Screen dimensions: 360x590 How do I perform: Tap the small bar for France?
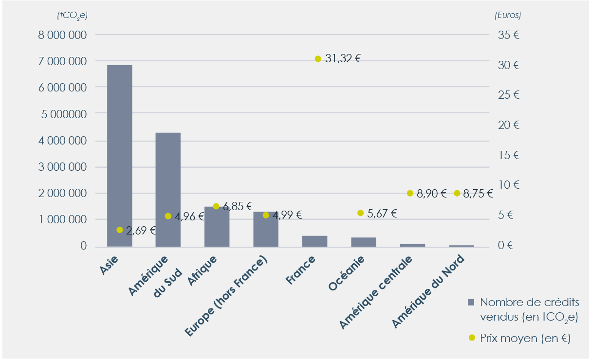314,241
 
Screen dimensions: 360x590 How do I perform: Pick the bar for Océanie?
364,242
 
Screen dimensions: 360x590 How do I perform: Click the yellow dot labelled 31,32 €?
318,59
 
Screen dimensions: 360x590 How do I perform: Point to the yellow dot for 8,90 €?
410,193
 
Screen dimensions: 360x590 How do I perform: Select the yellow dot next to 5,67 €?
360,213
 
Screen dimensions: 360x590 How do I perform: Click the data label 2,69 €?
141,231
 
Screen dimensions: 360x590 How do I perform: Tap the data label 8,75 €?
478,194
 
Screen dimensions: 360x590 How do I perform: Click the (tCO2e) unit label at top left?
72,15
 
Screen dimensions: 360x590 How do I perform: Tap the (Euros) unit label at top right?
508,15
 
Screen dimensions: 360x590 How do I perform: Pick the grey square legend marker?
470,302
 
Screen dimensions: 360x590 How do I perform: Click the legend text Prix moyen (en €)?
525,338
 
